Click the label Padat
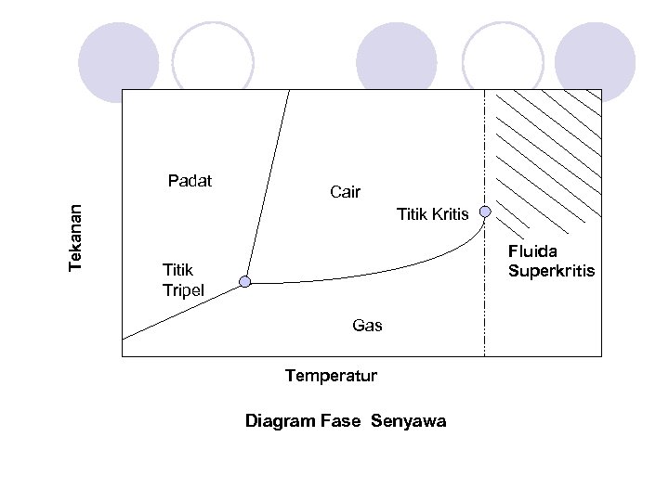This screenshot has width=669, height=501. coord(190,180)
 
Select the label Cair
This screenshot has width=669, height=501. coord(345,192)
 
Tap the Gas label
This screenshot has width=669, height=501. coord(367,326)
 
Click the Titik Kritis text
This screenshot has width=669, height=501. coord(432,215)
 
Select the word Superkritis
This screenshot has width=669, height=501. coord(551,271)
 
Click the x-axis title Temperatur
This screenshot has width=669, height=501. coord(331,376)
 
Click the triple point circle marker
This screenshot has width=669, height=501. coord(244,282)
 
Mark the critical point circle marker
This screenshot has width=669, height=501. coord(485,212)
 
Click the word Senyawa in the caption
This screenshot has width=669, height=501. coord(408,421)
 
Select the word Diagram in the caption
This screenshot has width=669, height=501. coord(280,421)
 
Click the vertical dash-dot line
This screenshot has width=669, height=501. coord(485,297)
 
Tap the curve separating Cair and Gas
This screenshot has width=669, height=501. coord(372,277)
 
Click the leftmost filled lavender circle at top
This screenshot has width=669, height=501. coord(119,61)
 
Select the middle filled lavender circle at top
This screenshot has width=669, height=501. coord(397,61)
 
